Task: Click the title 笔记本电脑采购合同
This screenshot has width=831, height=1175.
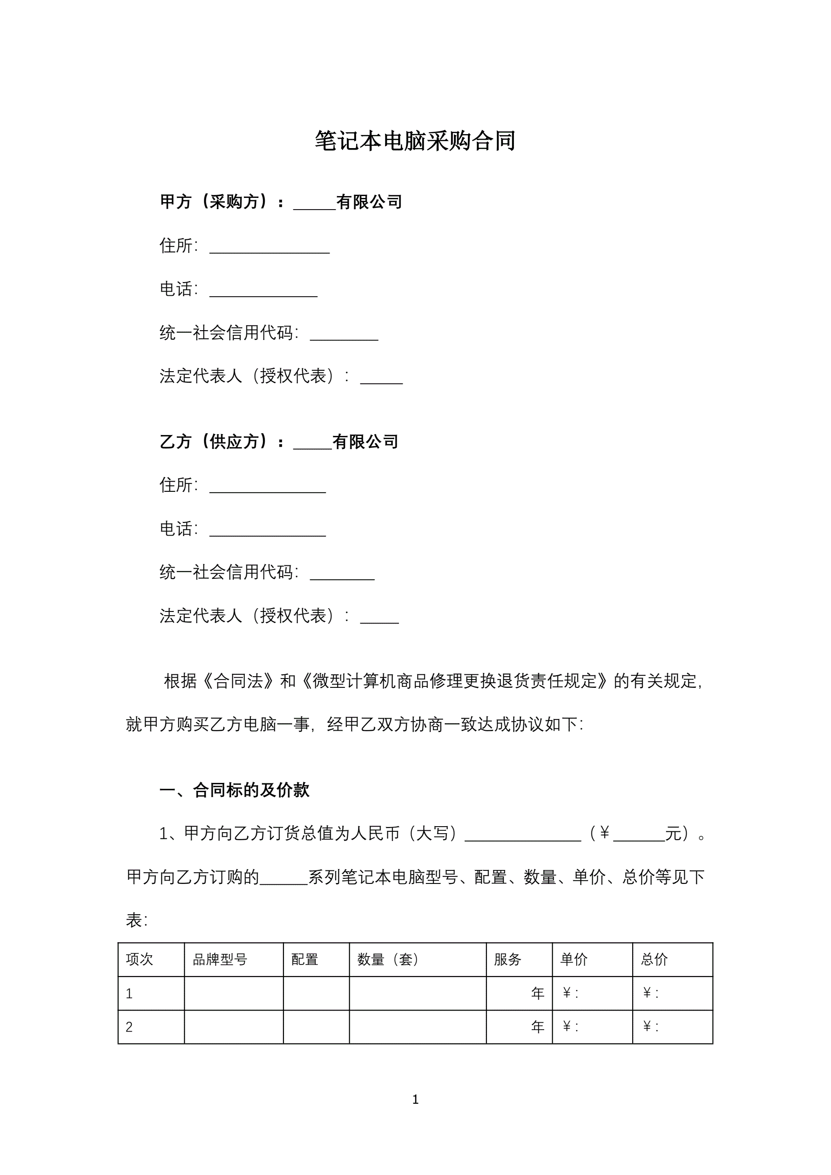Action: pyautogui.click(x=415, y=141)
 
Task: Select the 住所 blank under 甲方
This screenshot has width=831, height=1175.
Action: pyautogui.click(x=269, y=248)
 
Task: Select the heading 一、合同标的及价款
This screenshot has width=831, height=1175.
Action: pyautogui.click(x=234, y=790)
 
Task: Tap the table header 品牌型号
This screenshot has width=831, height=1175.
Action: pyautogui.click(x=220, y=959)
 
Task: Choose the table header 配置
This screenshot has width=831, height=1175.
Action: pyautogui.click(x=305, y=959)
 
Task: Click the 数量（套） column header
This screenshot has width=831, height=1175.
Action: pyautogui.click(x=388, y=959)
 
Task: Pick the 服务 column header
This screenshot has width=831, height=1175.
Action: pyautogui.click(x=507, y=959)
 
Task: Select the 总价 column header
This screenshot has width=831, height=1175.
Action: pyautogui.click(x=655, y=959)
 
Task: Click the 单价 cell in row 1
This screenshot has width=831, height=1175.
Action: pyautogui.click(x=592, y=993)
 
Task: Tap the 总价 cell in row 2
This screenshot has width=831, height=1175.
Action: pyautogui.click(x=672, y=1026)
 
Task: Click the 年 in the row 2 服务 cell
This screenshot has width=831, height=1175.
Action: pyautogui.click(x=537, y=1026)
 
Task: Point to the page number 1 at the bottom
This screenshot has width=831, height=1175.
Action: pyautogui.click(x=415, y=1099)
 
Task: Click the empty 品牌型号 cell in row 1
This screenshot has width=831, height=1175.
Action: pyautogui.click(x=234, y=993)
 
